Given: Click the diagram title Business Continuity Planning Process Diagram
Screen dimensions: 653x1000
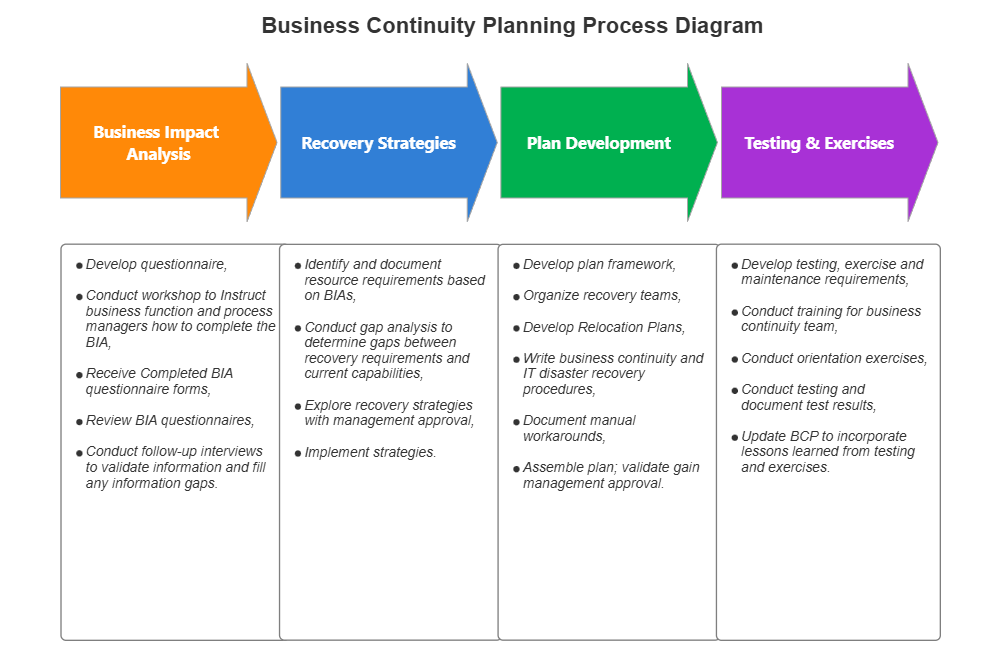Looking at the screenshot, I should tap(511, 26).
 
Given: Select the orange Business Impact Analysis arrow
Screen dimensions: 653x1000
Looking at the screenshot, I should tap(157, 143).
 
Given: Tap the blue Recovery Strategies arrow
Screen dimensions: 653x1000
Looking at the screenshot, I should tap(378, 143).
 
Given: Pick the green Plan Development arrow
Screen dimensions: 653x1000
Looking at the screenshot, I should tap(598, 143).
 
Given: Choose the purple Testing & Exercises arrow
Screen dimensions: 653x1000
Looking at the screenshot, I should tap(819, 143).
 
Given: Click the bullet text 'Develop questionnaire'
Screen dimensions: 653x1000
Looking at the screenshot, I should tap(156, 265).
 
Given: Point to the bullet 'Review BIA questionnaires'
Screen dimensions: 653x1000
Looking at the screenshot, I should tap(170, 420).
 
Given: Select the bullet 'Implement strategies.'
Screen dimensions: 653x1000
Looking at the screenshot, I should tap(370, 452).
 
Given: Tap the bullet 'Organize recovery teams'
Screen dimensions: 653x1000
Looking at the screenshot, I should tap(601, 296).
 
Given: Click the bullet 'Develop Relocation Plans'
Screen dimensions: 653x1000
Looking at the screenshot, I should tap(604, 327).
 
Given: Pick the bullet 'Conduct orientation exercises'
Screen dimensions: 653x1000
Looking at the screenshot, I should tap(834, 358).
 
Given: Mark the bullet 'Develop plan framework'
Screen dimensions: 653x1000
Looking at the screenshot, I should tap(599, 265).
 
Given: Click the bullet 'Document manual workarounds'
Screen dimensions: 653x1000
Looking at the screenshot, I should tap(579, 428).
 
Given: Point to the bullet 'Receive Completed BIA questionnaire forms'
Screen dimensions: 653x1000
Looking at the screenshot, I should tap(160, 381).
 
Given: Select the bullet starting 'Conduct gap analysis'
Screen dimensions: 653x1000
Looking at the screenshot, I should tap(386, 350).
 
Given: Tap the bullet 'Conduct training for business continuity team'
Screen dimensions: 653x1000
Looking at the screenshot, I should tap(831, 319).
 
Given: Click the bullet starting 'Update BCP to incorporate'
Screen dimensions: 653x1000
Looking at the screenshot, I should tap(827, 451).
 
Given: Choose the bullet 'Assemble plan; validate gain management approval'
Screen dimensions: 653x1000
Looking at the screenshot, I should tap(611, 475).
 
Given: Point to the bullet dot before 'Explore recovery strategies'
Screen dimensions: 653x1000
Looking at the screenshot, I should tap(298, 406).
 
